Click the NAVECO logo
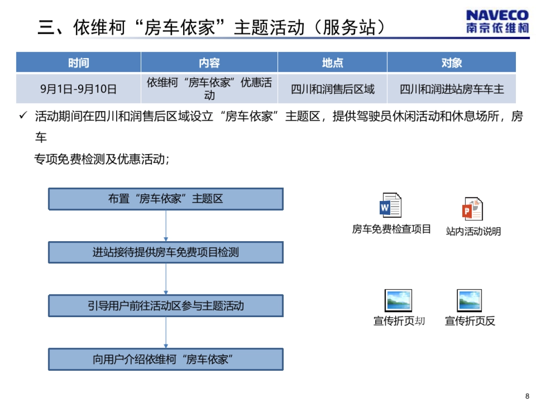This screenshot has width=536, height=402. pyautogui.click(x=497, y=21)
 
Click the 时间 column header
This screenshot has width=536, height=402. pyautogui.click(x=79, y=63)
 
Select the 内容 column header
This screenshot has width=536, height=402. pyautogui.click(x=209, y=63)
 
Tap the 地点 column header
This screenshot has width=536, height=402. pyautogui.click(x=332, y=63)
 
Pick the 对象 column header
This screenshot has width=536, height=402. pyautogui.click(x=451, y=63)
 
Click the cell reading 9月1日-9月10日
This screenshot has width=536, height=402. pyautogui.click(x=79, y=89)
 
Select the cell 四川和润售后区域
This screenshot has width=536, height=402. pyautogui.click(x=332, y=89)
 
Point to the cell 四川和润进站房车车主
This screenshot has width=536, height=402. pyautogui.click(x=451, y=89)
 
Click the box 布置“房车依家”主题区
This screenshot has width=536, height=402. pyautogui.click(x=166, y=199)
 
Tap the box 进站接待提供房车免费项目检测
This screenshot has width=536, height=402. pyautogui.click(x=166, y=252)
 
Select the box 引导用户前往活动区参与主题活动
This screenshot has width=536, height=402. pyautogui.click(x=166, y=306)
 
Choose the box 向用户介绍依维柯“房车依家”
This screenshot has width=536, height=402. pyautogui.click(x=166, y=359)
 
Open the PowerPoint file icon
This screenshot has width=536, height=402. pyautogui.click(x=473, y=209)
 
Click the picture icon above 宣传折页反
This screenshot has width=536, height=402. pyautogui.click(x=469, y=301)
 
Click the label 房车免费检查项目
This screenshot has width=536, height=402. pyautogui.click(x=391, y=230)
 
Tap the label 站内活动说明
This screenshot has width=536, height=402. pyautogui.click(x=473, y=231)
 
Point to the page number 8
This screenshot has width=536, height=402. pyautogui.click(x=527, y=396)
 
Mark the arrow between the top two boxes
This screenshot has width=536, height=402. pyautogui.click(x=166, y=226)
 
